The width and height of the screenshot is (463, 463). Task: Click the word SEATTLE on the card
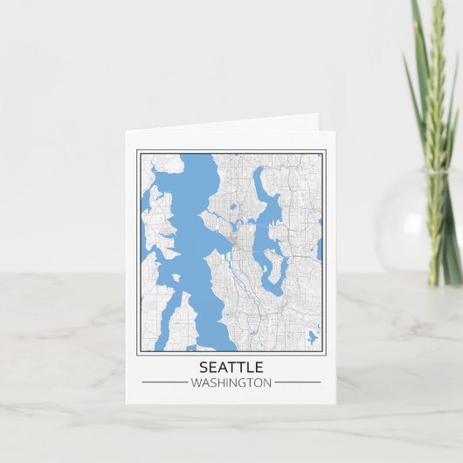(231, 367)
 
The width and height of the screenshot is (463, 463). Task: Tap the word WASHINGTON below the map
(231, 382)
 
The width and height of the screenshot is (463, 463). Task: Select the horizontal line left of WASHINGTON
(163, 382)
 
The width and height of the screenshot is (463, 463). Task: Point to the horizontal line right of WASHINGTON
(297, 382)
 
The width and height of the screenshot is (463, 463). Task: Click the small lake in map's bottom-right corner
(312, 336)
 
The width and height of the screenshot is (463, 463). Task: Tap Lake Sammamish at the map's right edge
(320, 249)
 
